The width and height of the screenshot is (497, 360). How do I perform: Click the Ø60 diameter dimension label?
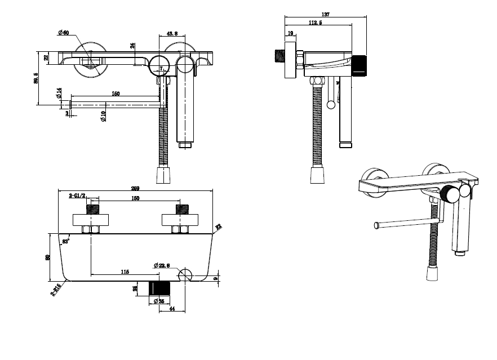click(63, 33)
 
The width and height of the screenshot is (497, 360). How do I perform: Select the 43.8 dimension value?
click(172, 34)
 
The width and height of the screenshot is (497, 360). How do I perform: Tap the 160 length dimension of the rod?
click(116, 94)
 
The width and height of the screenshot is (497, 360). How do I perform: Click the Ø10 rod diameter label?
click(104, 117)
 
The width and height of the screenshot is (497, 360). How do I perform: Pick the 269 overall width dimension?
click(135, 188)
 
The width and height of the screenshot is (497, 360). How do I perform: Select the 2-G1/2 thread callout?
click(77, 195)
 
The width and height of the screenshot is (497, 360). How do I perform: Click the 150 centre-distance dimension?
click(135, 198)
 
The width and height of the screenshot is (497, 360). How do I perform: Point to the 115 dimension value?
click(125, 272)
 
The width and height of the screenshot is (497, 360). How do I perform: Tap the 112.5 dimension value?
click(316, 23)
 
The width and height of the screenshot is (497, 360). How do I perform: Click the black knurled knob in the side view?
click(360, 65)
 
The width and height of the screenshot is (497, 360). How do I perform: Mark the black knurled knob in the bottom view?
click(158, 287)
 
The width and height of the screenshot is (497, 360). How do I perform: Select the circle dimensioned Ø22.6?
click(185, 275)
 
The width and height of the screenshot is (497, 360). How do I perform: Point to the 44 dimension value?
click(171, 309)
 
